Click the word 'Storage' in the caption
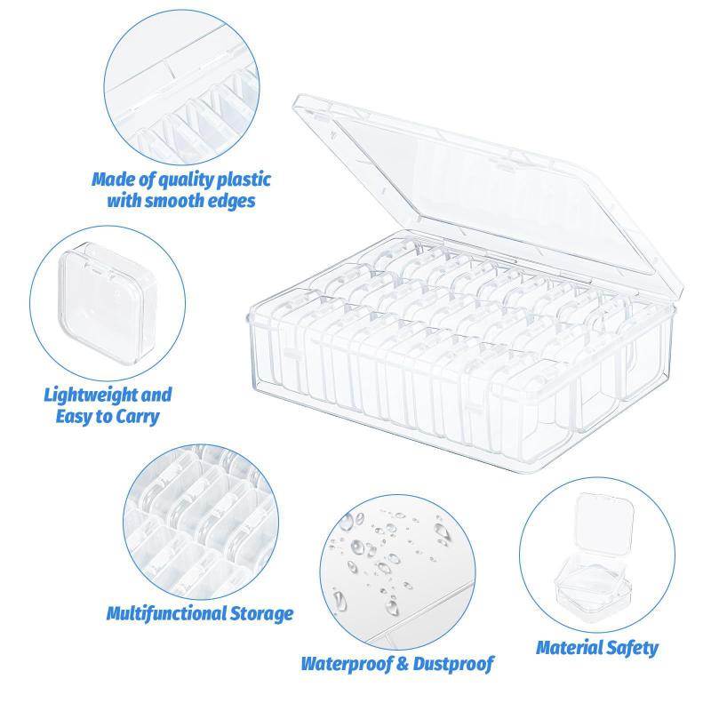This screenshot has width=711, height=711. [x=261, y=612]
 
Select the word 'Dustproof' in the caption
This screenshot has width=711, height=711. [x=451, y=663]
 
